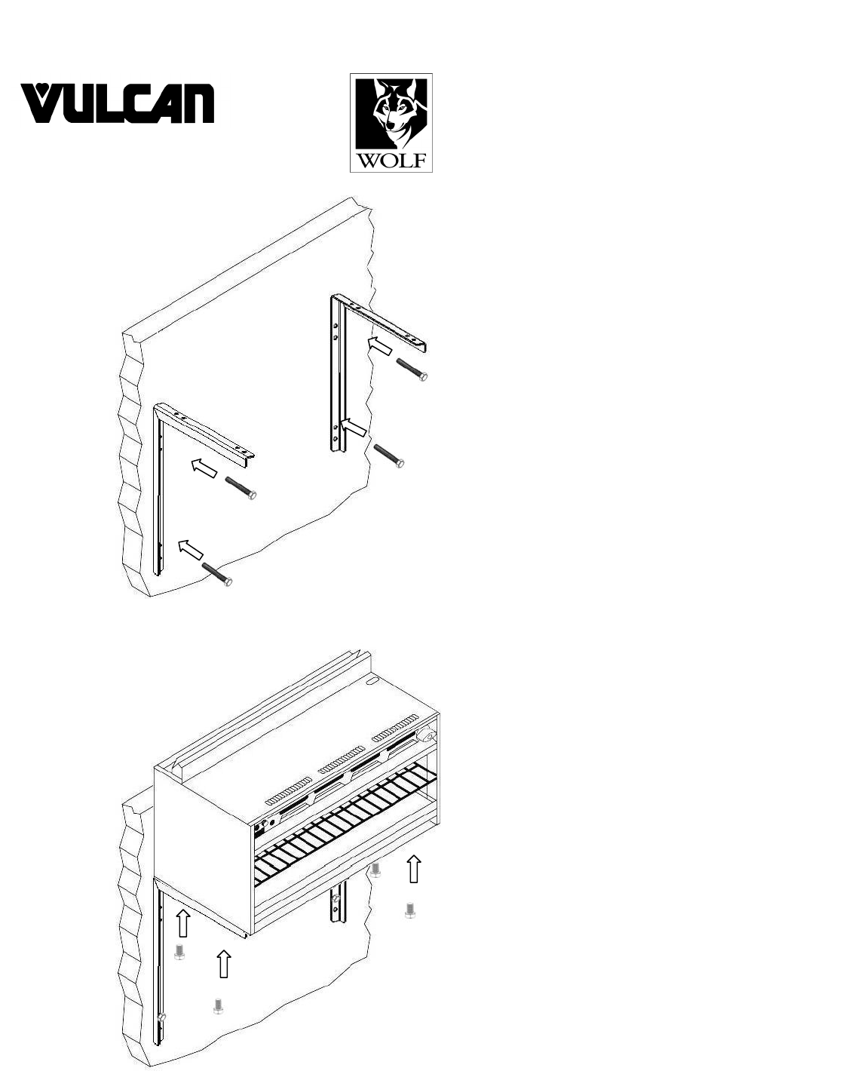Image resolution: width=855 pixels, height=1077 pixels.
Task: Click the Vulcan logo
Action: point(118,103)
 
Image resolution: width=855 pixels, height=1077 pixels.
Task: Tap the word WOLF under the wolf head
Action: point(391,160)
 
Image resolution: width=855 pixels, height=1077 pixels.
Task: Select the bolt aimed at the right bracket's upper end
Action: point(412,369)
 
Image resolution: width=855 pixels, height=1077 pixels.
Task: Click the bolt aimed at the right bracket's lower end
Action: point(389,456)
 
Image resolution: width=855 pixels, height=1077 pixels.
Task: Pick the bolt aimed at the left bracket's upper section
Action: point(241,487)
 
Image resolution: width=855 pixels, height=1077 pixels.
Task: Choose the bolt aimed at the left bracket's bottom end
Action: point(217,572)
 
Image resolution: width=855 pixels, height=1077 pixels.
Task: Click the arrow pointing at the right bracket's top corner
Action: point(380,347)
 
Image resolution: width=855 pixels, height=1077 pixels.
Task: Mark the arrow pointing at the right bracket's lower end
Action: point(353,428)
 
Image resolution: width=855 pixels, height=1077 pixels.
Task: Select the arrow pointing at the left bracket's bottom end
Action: point(190,549)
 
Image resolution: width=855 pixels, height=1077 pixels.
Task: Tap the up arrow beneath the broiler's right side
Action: point(412,868)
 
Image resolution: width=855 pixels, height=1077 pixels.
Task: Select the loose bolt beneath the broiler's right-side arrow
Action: point(410,911)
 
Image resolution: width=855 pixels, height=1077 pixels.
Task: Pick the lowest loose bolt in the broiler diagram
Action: point(219,1006)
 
